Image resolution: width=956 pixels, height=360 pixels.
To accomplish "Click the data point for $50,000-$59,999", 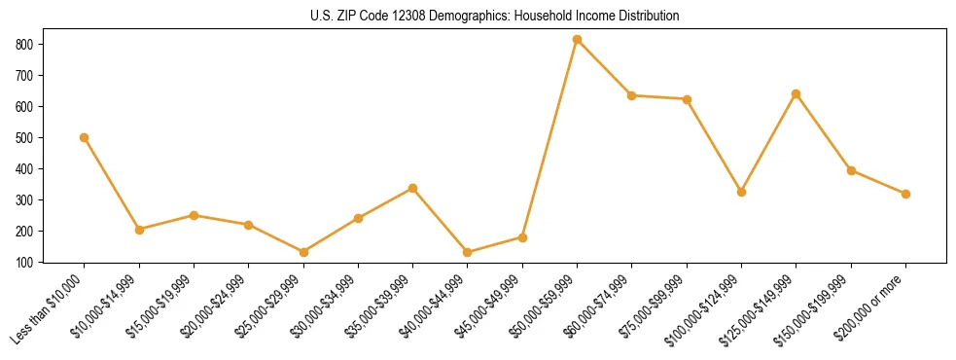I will coord(578,40).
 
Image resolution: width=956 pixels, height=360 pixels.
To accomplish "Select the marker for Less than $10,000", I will coord(85,137).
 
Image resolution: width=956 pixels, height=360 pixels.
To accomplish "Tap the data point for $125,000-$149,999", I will coord(797,94).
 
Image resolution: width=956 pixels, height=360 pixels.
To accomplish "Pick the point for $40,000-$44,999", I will coord(468,252).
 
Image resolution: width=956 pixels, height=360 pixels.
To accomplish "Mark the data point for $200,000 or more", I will coord(906,194).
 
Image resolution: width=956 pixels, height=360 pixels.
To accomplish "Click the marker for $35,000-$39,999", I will coord(413,188).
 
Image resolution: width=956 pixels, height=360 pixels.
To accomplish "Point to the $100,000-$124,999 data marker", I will coord(742,192).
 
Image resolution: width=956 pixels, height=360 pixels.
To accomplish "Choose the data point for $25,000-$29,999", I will coord(303,252).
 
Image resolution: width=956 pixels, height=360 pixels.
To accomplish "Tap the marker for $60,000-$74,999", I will coord(632,95).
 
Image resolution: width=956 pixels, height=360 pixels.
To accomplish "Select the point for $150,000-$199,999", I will coord(851,170).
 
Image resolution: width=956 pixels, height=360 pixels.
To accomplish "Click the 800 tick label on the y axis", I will coord(24,45).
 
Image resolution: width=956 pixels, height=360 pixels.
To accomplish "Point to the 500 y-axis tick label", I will coord(24,138).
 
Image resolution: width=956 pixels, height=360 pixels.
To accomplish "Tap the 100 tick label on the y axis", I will coord(24,263).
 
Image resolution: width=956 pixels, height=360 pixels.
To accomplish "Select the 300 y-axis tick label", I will coord(24,200).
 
